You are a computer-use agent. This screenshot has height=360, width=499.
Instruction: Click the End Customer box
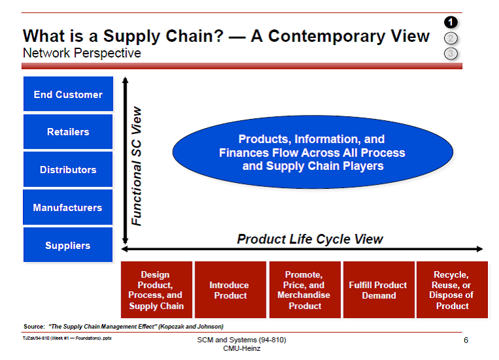(x=68, y=94)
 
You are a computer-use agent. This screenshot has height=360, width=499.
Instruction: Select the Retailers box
(x=68, y=132)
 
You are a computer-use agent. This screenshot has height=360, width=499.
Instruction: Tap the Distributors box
(x=68, y=170)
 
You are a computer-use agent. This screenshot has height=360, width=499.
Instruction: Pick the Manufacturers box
(x=68, y=208)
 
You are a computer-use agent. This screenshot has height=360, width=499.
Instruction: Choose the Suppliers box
(x=68, y=246)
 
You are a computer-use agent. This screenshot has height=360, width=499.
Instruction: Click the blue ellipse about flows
(x=312, y=153)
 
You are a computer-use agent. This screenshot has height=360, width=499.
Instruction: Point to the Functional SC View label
(x=137, y=167)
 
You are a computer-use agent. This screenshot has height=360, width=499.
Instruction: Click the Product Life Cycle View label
(x=310, y=239)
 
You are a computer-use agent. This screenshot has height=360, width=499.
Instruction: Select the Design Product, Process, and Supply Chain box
(x=157, y=290)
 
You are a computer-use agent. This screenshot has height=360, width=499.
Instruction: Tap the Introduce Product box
(x=229, y=290)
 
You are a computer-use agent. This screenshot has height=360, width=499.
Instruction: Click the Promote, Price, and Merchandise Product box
(x=304, y=290)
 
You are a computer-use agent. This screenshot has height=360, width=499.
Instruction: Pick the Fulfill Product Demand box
(x=379, y=290)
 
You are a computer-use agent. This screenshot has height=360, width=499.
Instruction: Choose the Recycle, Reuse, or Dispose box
(x=451, y=290)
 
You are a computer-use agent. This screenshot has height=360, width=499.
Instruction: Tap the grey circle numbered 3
(x=451, y=53)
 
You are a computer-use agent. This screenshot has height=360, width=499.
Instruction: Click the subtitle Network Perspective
(x=82, y=53)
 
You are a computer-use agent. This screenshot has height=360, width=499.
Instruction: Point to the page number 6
(x=466, y=340)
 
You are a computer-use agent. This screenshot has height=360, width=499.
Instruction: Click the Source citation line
(x=123, y=326)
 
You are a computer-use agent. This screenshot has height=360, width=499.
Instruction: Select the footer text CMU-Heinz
(x=241, y=349)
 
